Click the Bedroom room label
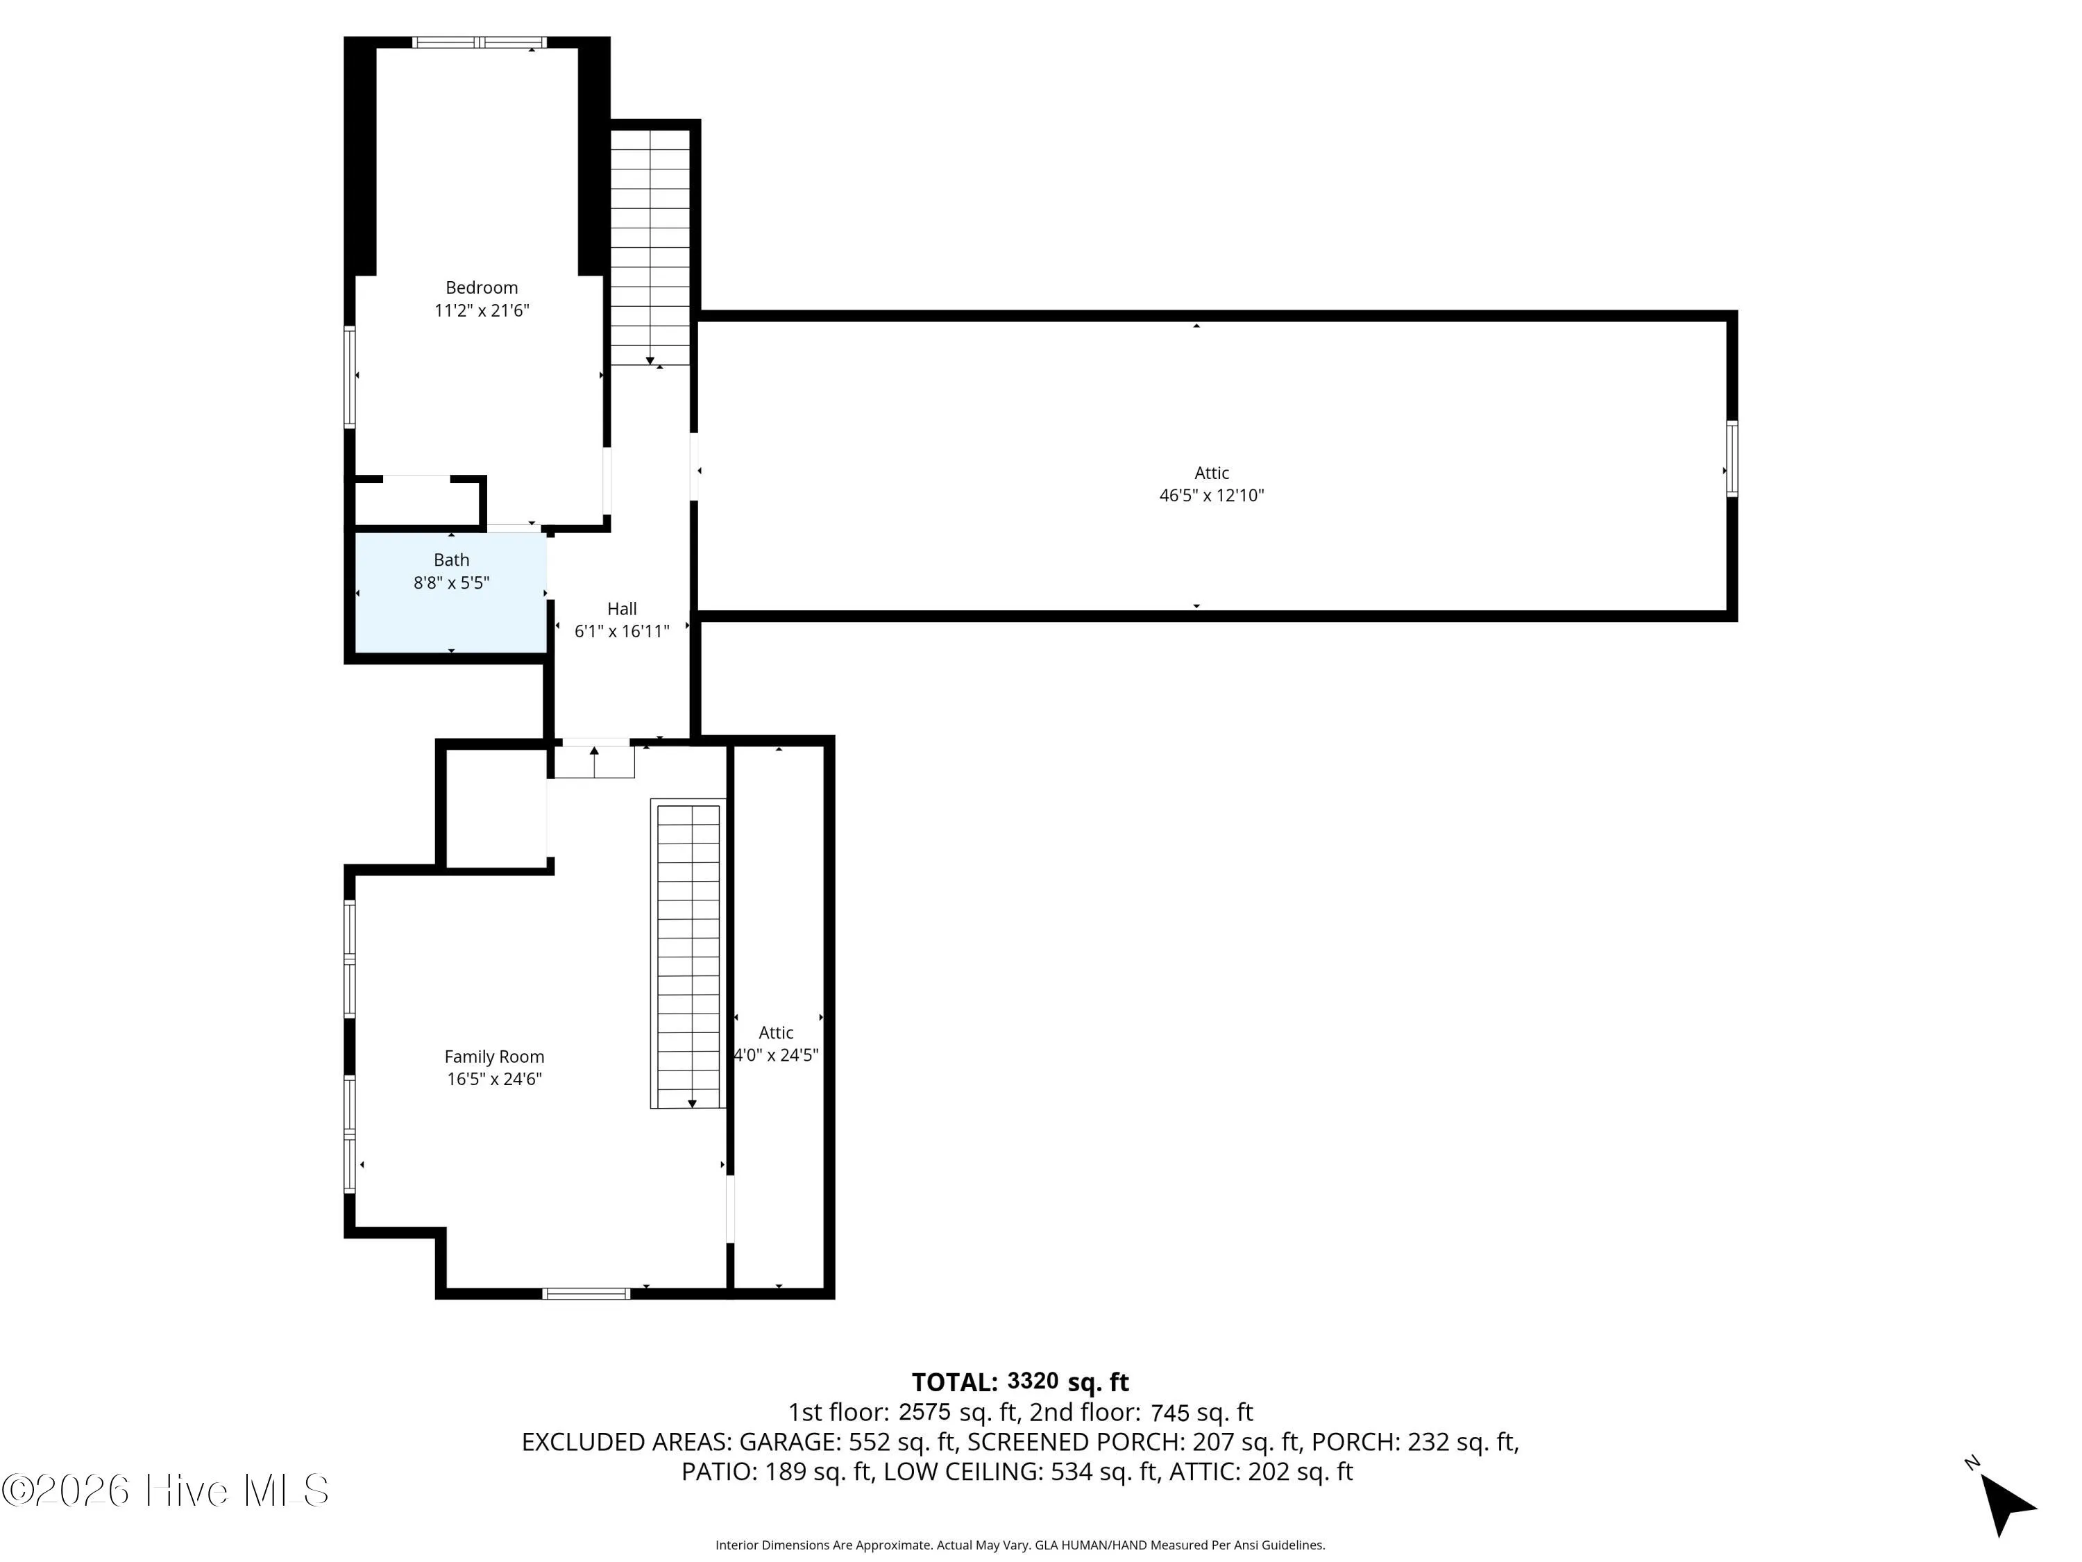tap(481, 288)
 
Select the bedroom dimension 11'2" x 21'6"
tap(481, 311)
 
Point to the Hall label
tap(621, 609)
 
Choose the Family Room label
tap(494, 1057)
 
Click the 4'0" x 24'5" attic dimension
tap(776, 1055)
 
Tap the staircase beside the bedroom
tap(650, 246)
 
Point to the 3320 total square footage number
tap(1033, 1382)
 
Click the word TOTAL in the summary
tap(954, 1382)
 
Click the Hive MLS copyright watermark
tap(166, 1490)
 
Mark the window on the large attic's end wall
tap(1731, 458)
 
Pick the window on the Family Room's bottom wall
tap(586, 1293)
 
